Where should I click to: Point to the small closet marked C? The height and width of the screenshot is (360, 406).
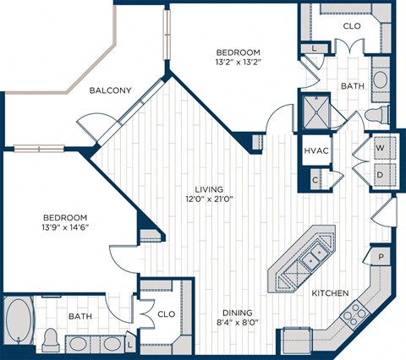tap(315, 179)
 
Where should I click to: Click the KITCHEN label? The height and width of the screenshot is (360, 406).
tap(330, 293)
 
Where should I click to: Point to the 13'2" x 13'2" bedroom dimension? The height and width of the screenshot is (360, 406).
tap(237, 61)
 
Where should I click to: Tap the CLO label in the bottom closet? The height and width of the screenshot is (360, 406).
tap(166, 314)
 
